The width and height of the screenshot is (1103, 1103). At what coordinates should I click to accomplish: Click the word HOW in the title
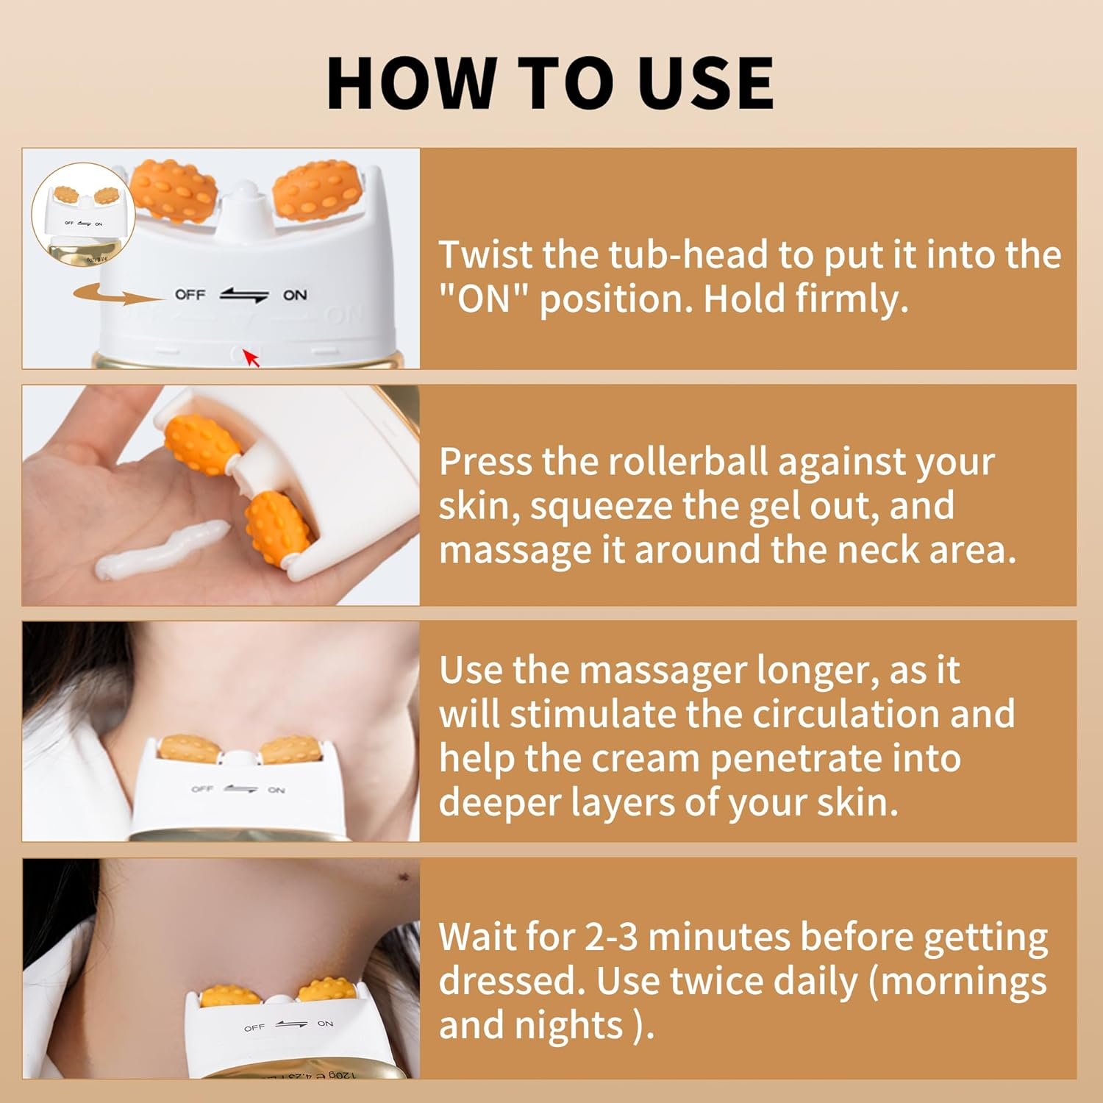[411, 83]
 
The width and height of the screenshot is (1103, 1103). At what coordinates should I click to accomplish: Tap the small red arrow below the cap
[251, 359]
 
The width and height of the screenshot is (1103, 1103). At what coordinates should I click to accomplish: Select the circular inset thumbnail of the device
[82, 213]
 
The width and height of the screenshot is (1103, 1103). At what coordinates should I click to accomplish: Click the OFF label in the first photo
[190, 295]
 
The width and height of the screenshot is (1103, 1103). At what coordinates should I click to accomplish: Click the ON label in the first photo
[295, 295]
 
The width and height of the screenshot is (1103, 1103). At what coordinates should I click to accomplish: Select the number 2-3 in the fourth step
[611, 938]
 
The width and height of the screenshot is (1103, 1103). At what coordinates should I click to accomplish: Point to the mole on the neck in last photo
[403, 877]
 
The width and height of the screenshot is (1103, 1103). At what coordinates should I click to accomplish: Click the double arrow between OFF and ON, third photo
[240, 789]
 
